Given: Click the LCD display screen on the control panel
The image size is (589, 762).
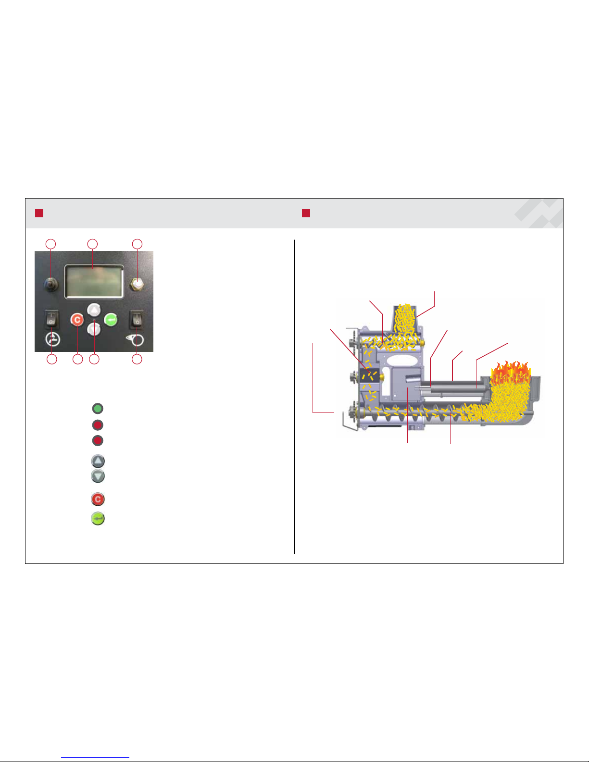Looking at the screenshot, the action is pyautogui.click(x=94, y=282).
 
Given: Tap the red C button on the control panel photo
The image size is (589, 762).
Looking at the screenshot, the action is pyautogui.click(x=77, y=320).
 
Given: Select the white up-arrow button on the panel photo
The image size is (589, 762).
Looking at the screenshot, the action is pyautogui.click(x=94, y=310).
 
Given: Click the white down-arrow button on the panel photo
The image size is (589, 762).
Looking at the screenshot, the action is pyautogui.click(x=94, y=329).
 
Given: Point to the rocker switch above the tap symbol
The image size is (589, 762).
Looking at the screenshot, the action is pyautogui.click(x=51, y=319).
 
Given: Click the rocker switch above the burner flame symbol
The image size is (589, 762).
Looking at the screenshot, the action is pyautogui.click(x=137, y=319).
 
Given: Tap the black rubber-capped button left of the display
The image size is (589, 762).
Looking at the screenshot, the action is pyautogui.click(x=51, y=284).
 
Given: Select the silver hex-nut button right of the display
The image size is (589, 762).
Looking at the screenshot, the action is pyautogui.click(x=137, y=284).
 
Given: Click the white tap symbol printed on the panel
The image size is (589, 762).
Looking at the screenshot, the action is pyautogui.click(x=52, y=339).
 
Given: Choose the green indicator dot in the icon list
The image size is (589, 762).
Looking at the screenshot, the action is pyautogui.click(x=98, y=409).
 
